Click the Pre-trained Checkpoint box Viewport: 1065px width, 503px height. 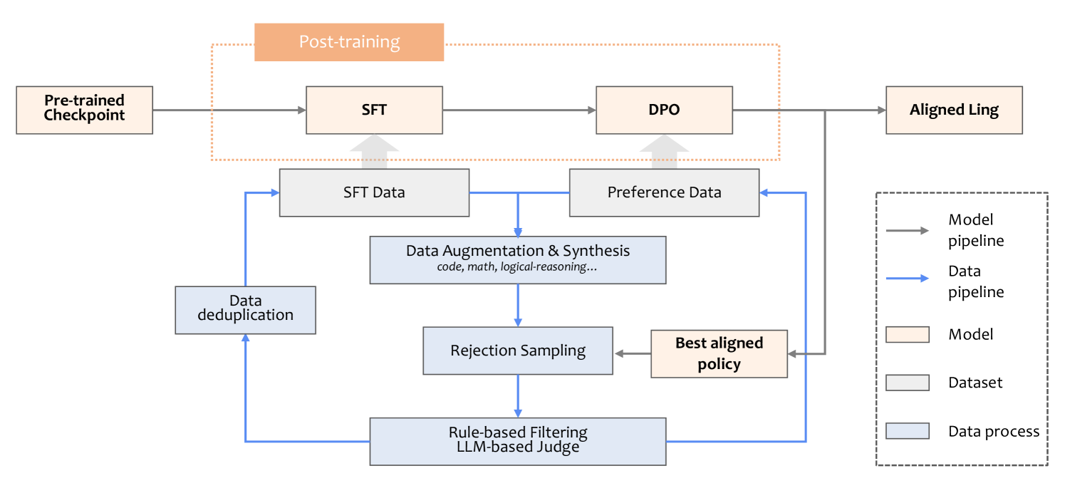tap(85, 110)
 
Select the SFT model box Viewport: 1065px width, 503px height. tap(374, 110)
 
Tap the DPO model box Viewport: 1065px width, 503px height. tap(664, 110)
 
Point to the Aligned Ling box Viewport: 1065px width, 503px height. tap(954, 110)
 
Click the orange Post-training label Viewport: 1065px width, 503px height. tap(349, 42)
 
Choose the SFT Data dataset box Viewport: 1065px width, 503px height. tap(374, 192)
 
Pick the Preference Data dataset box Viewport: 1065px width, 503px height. tap(664, 192)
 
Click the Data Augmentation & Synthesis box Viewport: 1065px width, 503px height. tap(518, 260)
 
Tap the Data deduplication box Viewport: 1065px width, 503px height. tap(245, 310)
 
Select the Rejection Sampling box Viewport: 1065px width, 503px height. tap(518, 351)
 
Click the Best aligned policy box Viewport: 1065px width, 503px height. tap(719, 353)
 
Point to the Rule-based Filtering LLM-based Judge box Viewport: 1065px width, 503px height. tap(518, 442)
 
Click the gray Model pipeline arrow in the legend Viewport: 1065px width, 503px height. tap(907, 231)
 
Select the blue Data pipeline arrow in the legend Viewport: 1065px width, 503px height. tap(907, 278)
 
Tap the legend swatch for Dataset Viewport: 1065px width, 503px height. tap(907, 383)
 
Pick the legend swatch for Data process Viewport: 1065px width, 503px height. tap(907, 431)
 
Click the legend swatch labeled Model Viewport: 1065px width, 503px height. tap(907, 334)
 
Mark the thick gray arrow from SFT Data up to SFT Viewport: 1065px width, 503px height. tap(374, 151)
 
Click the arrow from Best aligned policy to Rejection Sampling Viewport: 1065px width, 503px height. tap(633, 353)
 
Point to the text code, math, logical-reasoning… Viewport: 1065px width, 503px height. tap(516, 266)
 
